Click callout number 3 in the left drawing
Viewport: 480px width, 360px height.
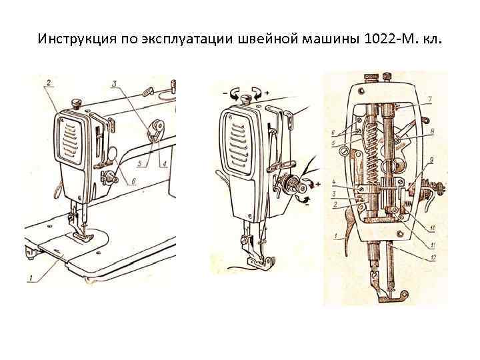coord(115,84)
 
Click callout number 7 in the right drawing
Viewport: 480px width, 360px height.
coord(429,99)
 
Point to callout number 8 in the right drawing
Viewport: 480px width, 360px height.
coord(432,131)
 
